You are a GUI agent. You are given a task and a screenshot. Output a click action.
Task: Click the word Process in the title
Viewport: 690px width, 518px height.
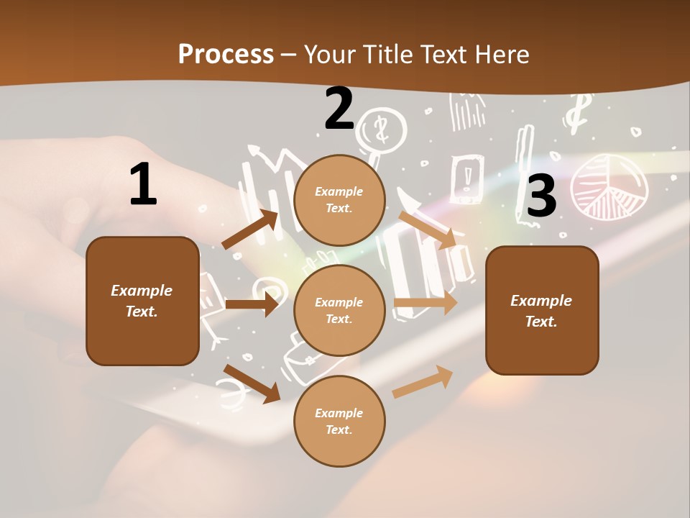point(226,54)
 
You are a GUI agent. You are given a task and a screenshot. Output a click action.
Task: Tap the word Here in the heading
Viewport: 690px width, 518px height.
point(501,54)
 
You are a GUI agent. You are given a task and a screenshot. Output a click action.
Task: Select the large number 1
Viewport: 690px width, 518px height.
point(143,184)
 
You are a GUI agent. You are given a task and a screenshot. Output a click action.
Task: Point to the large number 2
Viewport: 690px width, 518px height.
point(339,109)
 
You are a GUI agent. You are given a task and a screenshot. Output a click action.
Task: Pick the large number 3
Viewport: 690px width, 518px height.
point(541,196)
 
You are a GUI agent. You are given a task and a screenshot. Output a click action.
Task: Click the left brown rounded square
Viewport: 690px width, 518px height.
point(142,301)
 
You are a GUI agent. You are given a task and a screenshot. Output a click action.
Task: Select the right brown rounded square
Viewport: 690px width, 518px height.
point(542,310)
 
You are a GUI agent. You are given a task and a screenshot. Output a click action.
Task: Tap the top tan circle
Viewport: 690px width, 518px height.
point(339,199)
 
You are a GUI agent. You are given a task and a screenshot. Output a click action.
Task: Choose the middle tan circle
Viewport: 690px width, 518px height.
point(339,310)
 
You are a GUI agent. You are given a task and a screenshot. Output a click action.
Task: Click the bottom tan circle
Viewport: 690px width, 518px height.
point(339,421)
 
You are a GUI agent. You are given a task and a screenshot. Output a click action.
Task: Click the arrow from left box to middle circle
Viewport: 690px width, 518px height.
point(252,304)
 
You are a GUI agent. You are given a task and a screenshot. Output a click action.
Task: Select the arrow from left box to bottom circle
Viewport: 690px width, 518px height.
point(252,383)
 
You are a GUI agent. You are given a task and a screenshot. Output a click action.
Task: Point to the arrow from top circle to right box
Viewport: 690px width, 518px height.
point(427,230)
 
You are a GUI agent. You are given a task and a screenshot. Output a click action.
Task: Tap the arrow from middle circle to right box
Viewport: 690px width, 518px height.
point(425,303)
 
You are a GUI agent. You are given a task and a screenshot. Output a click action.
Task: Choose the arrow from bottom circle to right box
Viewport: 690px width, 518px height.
point(423,381)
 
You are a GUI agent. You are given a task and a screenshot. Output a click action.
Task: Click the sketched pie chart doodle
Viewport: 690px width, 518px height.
point(609,186)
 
